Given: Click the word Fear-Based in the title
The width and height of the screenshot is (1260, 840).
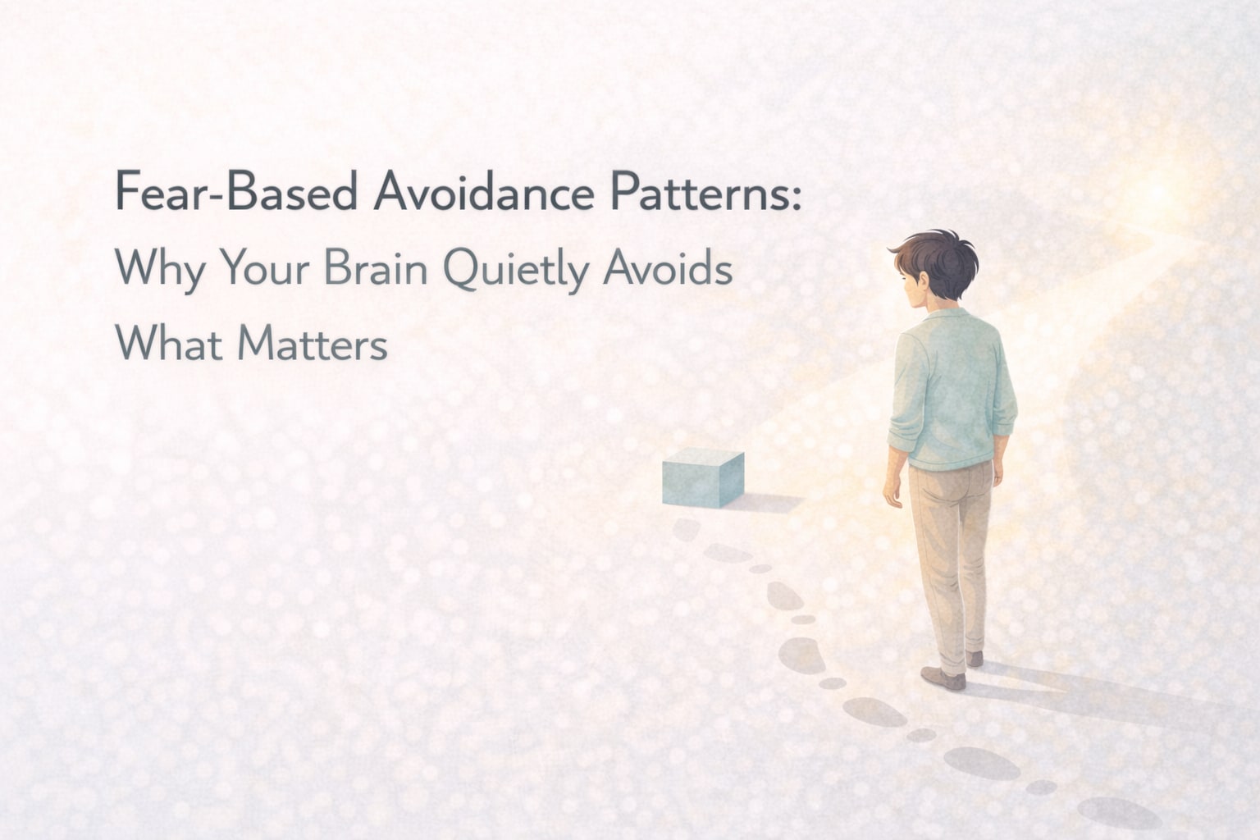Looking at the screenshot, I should click(236, 193).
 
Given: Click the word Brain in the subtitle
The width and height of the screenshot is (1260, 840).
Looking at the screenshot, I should click(377, 267).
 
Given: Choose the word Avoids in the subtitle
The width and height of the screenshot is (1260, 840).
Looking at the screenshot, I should click(668, 267).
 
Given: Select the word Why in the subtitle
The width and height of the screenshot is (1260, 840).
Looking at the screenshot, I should click(159, 269).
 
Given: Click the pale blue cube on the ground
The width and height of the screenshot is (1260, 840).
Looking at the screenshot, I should click(702, 477).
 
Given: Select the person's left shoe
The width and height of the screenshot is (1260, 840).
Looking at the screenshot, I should click(943, 678).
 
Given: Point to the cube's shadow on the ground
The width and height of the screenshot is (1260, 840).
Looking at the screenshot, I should click(767, 501).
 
